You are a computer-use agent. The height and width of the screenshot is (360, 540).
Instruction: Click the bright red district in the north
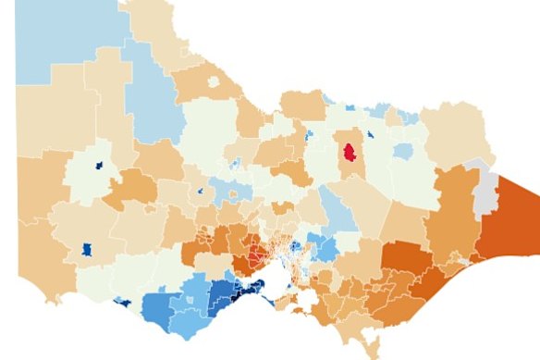[350, 150]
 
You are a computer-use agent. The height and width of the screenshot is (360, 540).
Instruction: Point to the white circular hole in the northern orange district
[215, 82]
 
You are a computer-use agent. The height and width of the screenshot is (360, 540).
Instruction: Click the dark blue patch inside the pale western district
[98, 167]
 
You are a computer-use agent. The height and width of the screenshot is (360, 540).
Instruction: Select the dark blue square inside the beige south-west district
[87, 249]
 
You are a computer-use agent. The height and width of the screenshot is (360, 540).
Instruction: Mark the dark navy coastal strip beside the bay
[245, 292]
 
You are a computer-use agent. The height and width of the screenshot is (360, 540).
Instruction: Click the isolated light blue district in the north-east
[402, 150]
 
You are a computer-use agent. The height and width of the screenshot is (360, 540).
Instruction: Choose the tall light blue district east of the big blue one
[148, 93]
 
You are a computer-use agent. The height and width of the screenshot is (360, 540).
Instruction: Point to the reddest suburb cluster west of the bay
[255, 255]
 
